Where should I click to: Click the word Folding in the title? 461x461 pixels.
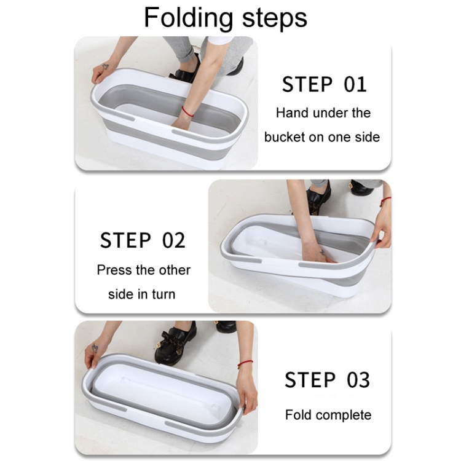tap(188, 18)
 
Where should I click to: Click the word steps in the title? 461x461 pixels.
tap(275, 18)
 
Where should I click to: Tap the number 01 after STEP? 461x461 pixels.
tap(355, 84)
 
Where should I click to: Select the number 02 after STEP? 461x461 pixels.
tap(173, 240)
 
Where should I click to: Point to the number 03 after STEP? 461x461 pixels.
tap(358, 380)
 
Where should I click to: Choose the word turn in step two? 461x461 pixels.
tap(164, 294)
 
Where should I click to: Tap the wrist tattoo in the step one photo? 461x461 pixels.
tap(105, 67)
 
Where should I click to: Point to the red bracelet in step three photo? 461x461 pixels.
tap(245, 363)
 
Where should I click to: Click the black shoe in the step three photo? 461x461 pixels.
tap(175, 343)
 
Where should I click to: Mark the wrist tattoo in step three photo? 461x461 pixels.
tap(95, 349)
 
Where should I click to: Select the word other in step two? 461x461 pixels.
tap(175, 270)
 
